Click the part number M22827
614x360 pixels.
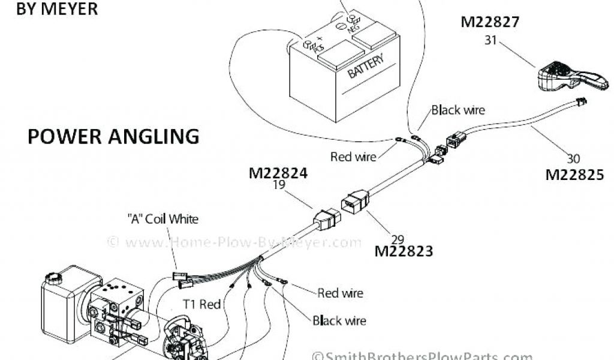point(489,22)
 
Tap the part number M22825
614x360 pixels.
point(574,175)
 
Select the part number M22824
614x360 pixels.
point(278,174)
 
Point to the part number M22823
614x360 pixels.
point(404,251)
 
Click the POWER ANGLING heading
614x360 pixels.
point(113,136)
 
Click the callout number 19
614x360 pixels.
point(278,186)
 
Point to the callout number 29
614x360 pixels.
point(398,239)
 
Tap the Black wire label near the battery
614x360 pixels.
point(458,110)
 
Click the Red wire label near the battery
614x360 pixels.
point(353,157)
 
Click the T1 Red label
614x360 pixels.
point(201,305)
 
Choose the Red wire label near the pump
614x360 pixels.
point(340,293)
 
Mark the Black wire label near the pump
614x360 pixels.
point(339,320)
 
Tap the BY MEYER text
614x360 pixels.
point(49,8)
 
